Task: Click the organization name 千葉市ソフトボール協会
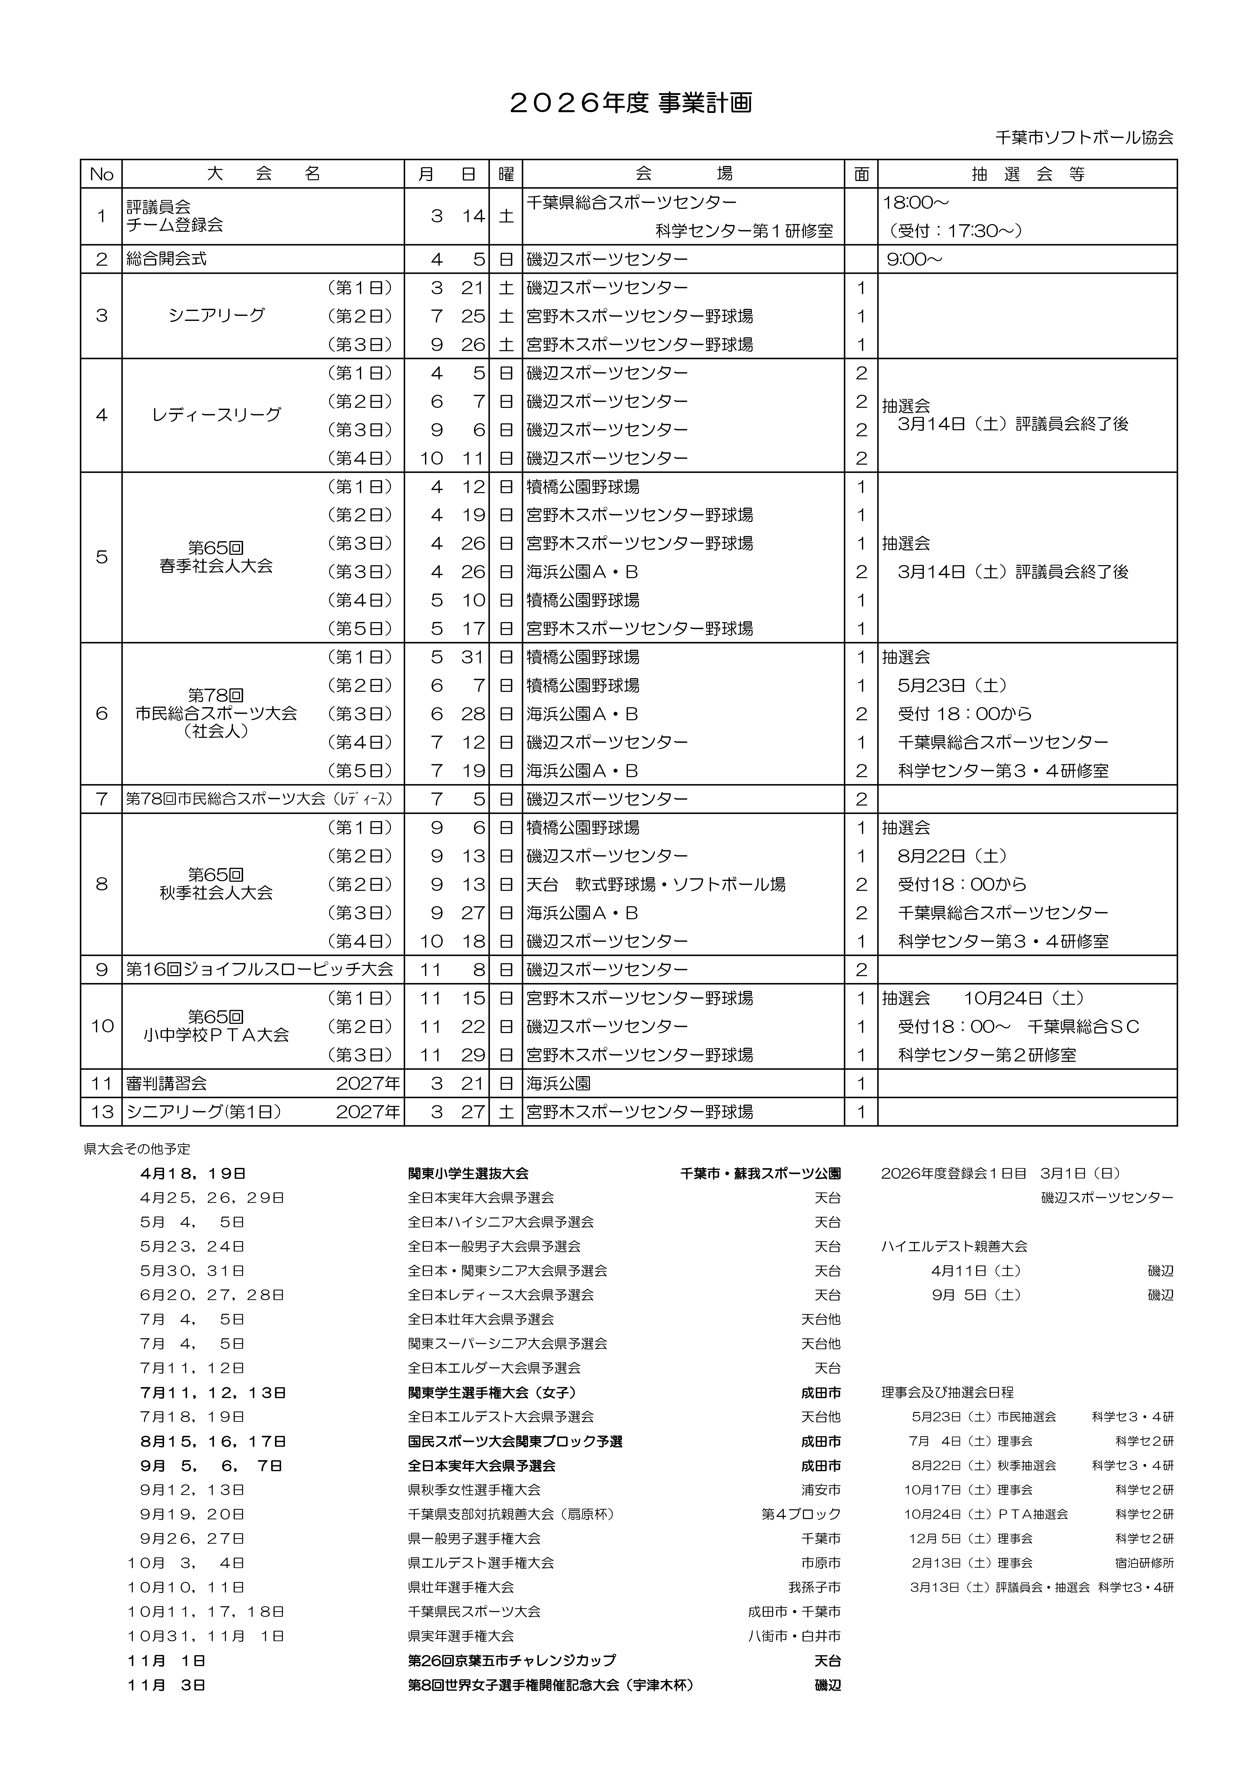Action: coord(1083,137)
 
